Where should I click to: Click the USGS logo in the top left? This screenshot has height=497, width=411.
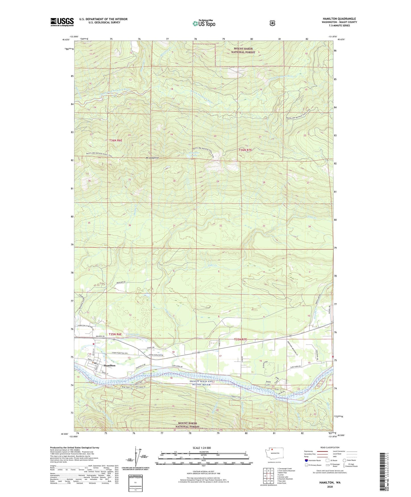point(62,22)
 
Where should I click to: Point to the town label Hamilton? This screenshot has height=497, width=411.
point(110,365)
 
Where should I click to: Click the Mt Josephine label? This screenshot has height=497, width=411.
point(152,158)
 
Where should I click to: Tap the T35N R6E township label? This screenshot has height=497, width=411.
point(115,334)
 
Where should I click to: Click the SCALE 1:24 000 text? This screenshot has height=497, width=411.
point(202,448)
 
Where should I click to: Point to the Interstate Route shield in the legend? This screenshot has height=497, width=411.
point(306,460)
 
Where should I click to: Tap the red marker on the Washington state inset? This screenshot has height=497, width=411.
point(272,458)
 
